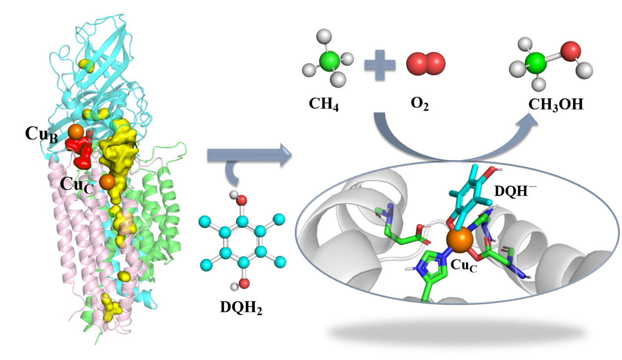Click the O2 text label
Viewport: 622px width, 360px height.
[420, 105]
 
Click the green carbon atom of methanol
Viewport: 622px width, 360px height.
[537, 64]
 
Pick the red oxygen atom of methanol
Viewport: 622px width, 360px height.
[570, 52]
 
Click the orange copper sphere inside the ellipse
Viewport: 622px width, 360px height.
[459, 241]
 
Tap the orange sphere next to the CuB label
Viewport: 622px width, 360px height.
[76, 131]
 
